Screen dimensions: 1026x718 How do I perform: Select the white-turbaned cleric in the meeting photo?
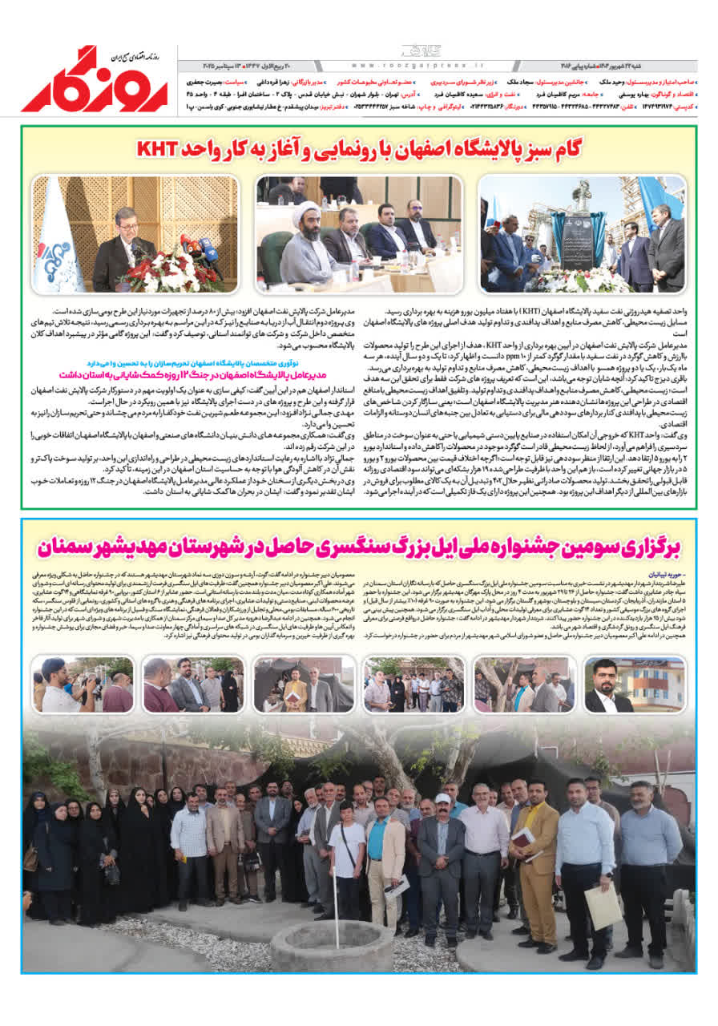tap(311, 244)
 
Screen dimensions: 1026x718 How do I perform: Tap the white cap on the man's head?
tap(442, 798)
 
